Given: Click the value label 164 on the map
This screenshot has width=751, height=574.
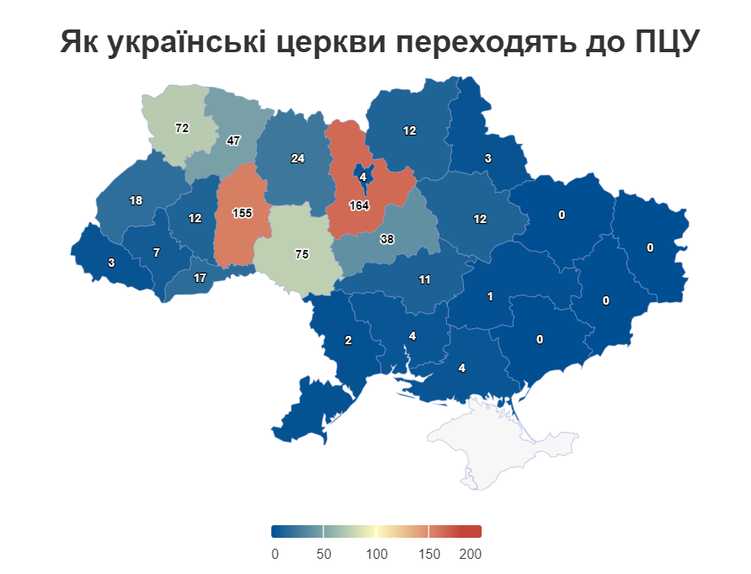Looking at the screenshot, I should [360, 205].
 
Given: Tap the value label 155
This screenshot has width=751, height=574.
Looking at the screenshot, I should [242, 213].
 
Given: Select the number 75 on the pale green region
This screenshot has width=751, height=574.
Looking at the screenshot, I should [302, 254].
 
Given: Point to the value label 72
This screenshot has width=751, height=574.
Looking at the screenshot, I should [182, 128].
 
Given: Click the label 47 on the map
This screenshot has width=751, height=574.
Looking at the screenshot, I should [233, 141].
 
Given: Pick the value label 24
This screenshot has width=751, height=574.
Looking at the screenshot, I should [297, 158].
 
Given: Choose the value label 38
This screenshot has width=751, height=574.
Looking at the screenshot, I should [386, 239].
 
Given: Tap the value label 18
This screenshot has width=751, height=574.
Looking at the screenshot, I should [136, 200].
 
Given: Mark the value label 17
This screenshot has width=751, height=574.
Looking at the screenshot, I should [200, 278].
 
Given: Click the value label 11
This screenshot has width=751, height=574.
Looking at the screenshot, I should [424, 279].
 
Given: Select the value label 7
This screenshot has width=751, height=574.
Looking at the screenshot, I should [156, 252].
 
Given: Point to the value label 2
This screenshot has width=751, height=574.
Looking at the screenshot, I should [348, 341].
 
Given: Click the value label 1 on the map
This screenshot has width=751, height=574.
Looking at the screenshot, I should [489, 296].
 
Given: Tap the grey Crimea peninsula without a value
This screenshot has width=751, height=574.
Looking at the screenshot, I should [497, 438].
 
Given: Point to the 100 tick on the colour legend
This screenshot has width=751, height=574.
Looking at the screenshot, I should [376, 554].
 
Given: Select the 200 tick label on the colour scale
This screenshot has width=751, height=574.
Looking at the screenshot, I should [470, 554].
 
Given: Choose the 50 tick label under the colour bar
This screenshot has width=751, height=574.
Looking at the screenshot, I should [323, 554].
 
